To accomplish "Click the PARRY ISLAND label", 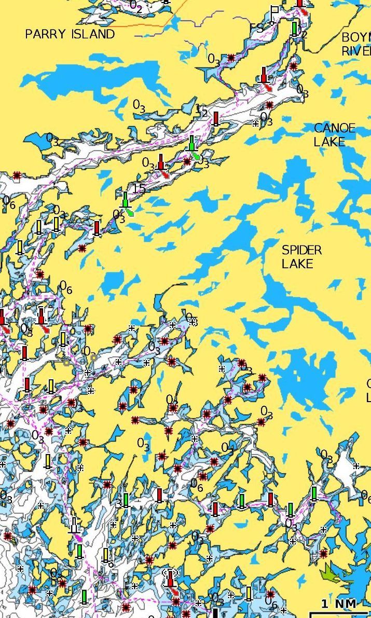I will (70, 34).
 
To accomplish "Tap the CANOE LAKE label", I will (335, 134).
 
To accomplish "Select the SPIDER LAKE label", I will (301, 257).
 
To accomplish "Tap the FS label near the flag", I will (256, 28).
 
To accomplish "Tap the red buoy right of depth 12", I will (216, 118).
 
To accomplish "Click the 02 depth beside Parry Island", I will (136, 6).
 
